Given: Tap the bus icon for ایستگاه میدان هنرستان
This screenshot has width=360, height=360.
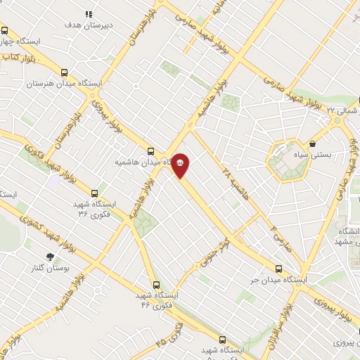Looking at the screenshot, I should (x=65, y=72).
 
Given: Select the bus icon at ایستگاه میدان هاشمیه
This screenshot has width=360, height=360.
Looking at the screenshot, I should (x=150, y=151).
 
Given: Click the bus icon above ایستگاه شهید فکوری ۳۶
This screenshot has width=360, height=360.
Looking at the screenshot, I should (x=96, y=193).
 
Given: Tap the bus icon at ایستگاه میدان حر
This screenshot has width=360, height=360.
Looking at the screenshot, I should (x=279, y=269).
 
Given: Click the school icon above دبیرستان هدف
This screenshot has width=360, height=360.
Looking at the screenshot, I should (x=89, y=14).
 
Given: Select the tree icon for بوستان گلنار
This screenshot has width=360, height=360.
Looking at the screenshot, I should (x=50, y=257).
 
